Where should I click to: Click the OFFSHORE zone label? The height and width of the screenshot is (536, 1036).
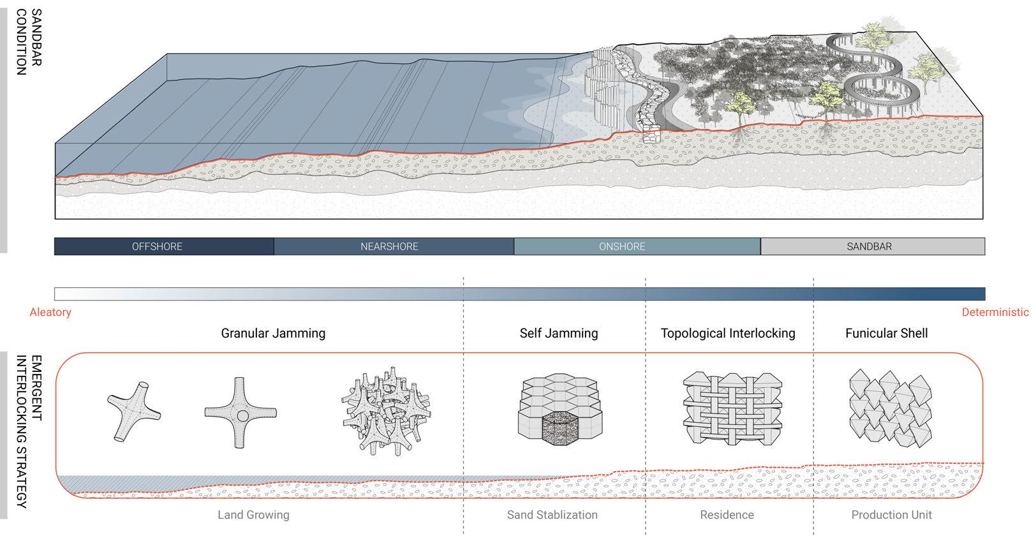tap(157, 247)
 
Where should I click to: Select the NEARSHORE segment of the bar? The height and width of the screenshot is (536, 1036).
tap(389, 247)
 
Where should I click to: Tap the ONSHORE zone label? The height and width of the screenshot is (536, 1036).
tap(622, 247)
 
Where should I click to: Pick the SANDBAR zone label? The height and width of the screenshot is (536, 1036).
tap(869, 247)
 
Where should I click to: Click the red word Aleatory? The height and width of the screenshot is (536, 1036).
tap(50, 313)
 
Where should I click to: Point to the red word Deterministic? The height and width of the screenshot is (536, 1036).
tap(995, 313)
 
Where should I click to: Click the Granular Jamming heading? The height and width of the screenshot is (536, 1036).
tap(273, 333)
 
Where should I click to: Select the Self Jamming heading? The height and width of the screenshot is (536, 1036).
tap(559, 333)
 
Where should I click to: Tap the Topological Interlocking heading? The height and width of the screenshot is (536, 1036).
tap(728, 333)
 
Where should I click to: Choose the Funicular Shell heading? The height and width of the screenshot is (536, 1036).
tap(886, 333)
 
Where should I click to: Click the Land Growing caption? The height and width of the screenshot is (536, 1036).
tap(253, 515)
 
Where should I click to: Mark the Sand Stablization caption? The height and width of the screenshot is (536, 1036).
tap(552, 515)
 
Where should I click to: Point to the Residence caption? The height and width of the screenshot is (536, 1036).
tap(727, 515)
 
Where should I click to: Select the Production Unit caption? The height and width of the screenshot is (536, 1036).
tap(891, 515)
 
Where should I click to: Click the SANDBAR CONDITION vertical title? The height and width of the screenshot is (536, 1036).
tap(29, 42)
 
